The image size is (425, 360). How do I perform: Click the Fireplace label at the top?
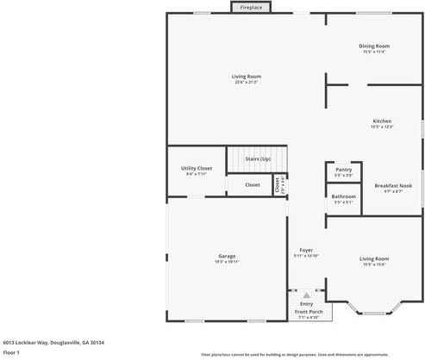[252, 8]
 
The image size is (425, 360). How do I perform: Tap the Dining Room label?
[374, 46]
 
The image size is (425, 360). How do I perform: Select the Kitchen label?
[382, 121]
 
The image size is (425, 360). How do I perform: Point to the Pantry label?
[343, 170]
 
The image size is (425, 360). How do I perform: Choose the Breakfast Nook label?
[393, 185]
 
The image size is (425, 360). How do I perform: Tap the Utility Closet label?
[197, 168]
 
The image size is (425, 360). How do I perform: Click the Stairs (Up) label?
[258, 158]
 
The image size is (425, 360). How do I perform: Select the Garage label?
[227, 257]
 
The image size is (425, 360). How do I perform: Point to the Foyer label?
[306, 250]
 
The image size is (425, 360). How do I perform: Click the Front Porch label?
[309, 312]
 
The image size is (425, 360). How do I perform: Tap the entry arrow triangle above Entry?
[305, 295]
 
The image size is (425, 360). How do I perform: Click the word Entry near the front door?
[306, 304]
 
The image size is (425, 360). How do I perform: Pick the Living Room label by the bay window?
[374, 258]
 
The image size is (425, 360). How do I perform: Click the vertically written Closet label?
[277, 184]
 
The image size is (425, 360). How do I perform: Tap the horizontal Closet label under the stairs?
[252, 184]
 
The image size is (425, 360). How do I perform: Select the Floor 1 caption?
[11, 352]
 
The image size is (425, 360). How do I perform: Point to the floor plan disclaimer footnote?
[307, 354]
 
